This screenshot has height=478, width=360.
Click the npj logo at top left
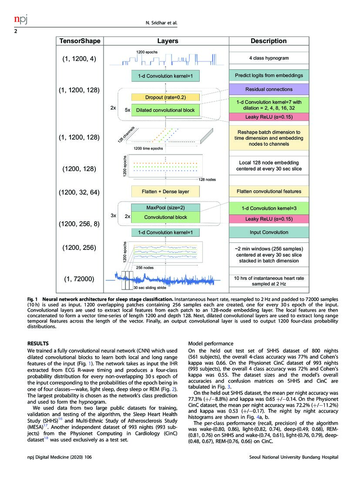click(20, 20)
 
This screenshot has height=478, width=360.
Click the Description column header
click(269, 41)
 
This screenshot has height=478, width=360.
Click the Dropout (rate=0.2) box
click(165, 97)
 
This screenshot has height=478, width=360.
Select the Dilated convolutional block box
click(165, 110)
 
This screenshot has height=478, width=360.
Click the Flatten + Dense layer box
click(165, 191)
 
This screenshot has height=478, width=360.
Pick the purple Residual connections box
click(269, 89)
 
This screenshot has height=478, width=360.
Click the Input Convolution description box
click(269, 232)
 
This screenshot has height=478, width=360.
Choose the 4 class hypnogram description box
click(269, 58)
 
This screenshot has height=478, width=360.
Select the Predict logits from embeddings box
click(269, 76)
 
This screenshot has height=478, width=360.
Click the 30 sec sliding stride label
click(151, 288)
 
